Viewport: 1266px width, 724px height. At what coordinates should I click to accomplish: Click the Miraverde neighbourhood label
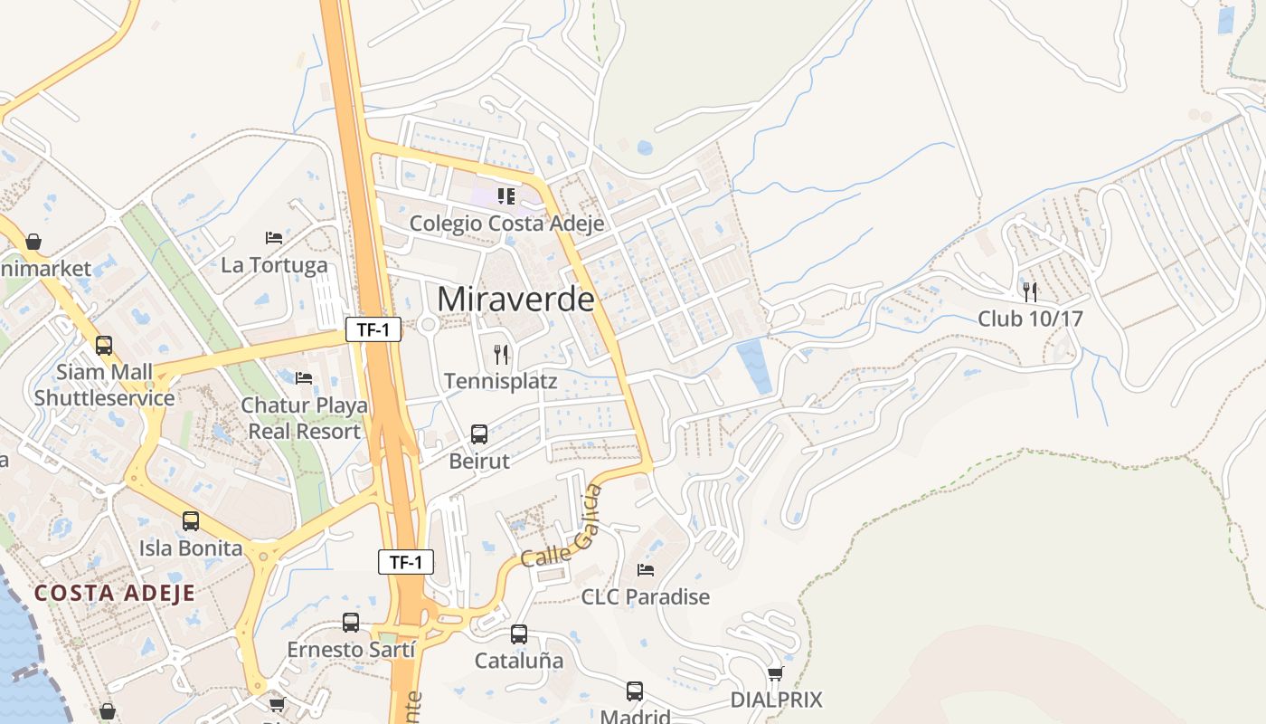coord(515,299)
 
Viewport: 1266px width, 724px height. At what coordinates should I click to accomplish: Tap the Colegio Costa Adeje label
coord(506,223)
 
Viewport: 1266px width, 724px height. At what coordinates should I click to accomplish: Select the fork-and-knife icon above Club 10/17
coord(1029,291)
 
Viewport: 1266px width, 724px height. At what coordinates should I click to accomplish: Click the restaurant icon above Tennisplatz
coord(502,354)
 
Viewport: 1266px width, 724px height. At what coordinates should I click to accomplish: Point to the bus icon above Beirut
coord(479,434)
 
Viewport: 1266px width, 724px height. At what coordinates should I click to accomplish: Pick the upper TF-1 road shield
coord(373,330)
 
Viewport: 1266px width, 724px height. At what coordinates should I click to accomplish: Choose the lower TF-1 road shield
coord(406,562)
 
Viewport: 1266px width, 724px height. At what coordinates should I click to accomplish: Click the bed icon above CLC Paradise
coord(646,570)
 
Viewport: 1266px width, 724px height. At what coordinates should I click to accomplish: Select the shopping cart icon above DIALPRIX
coord(775,673)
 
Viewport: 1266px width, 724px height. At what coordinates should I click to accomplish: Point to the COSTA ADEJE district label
coord(115,594)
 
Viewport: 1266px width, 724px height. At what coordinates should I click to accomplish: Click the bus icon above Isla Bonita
coord(191,521)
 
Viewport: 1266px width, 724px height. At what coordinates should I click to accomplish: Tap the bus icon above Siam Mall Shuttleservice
coord(104,345)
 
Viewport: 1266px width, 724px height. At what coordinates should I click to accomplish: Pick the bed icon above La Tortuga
coord(274,238)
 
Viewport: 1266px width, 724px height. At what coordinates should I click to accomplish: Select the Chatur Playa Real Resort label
coord(305,418)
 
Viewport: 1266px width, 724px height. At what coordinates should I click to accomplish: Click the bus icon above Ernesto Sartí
coord(351,623)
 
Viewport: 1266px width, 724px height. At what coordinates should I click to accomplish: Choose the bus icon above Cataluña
coord(519,634)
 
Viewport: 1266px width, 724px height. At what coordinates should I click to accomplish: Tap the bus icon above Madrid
coord(635,691)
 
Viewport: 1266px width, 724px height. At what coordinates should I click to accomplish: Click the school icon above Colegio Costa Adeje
coord(505,195)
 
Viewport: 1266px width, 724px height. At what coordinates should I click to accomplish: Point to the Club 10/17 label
coord(1030,319)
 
